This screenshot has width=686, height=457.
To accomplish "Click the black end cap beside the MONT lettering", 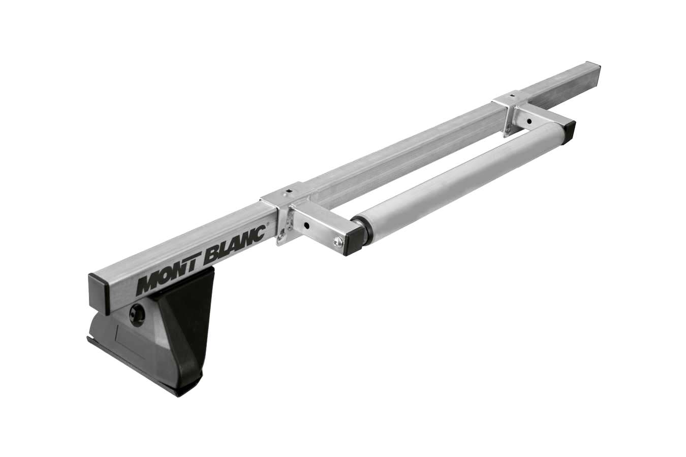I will [100, 292].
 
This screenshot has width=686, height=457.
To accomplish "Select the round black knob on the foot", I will [137, 313].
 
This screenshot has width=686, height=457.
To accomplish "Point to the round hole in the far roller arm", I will [528, 121].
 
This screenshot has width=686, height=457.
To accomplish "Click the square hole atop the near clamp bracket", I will [288, 190].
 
